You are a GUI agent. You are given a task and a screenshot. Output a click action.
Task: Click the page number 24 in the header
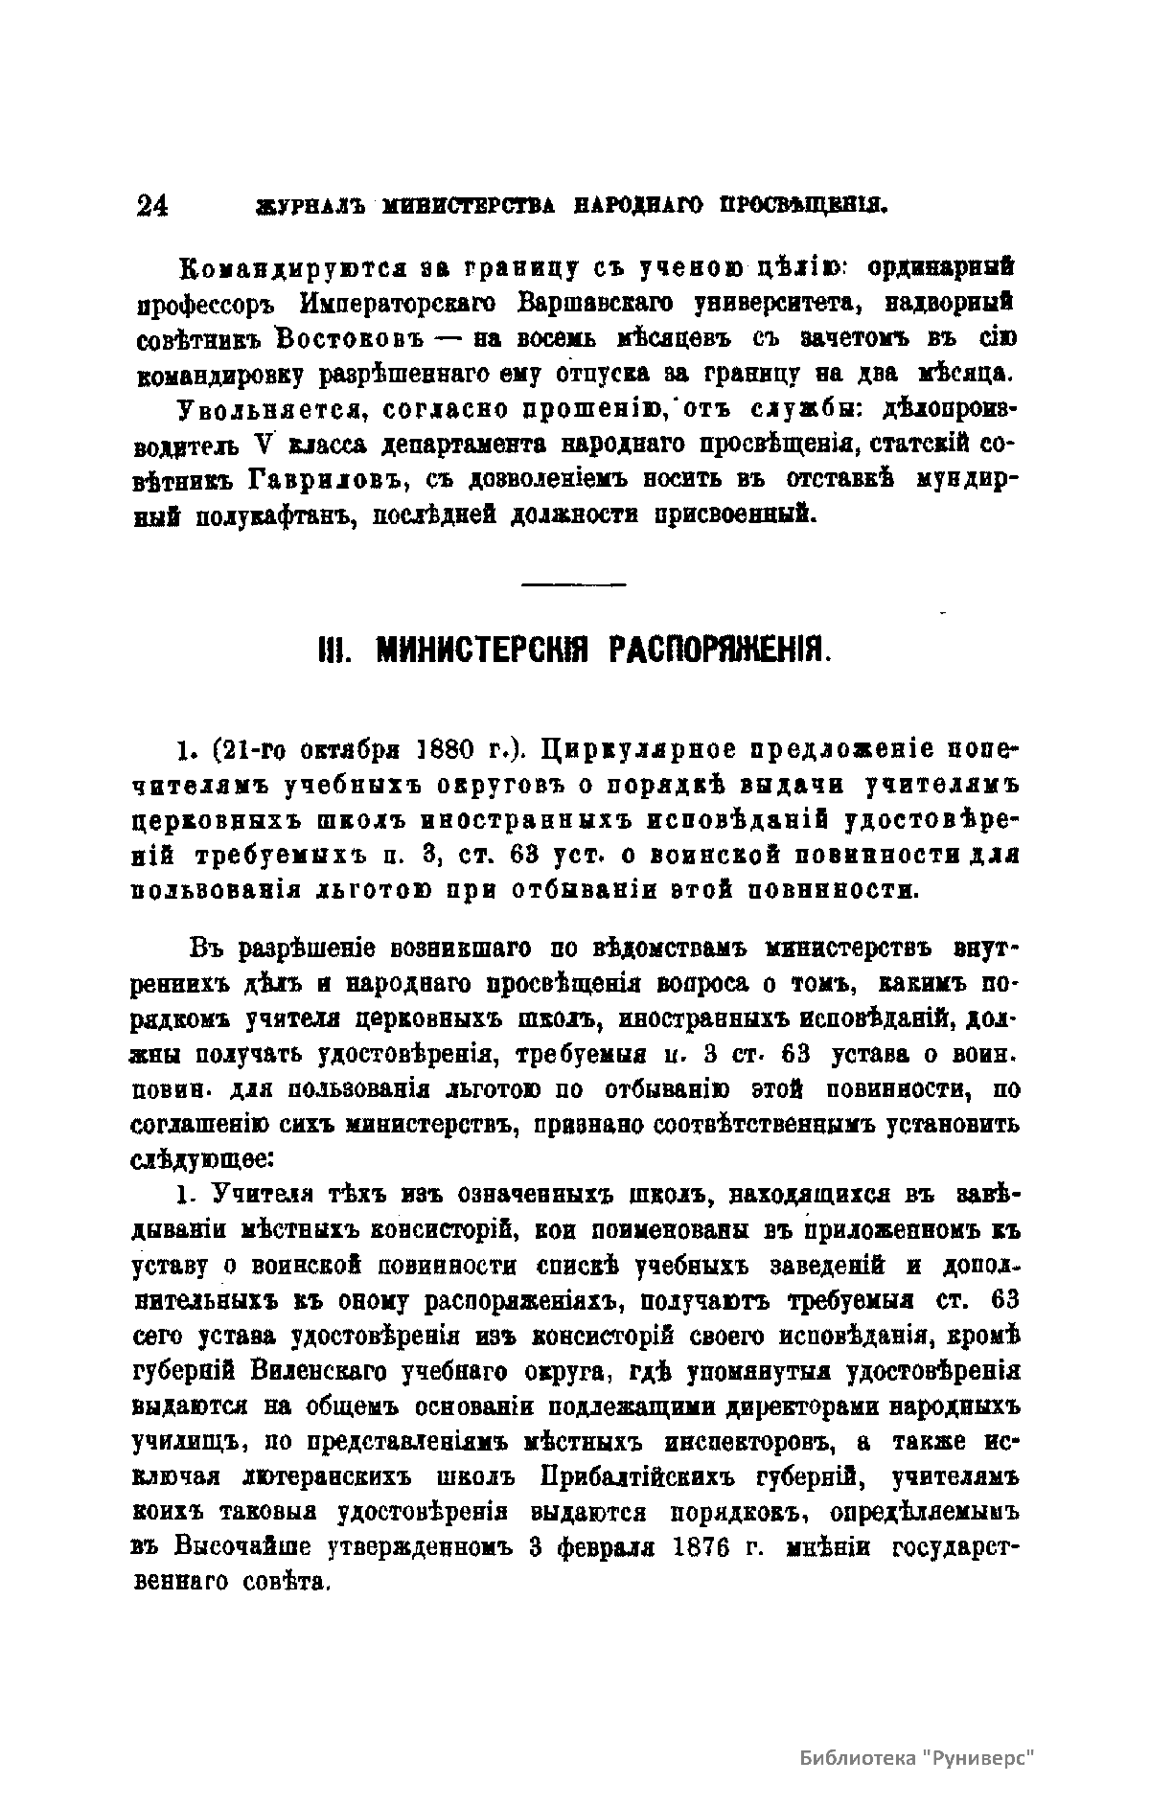(152, 207)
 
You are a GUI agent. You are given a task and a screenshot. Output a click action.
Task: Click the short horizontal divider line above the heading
(574, 583)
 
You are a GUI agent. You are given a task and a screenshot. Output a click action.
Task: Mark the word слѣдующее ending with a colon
(204, 1158)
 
